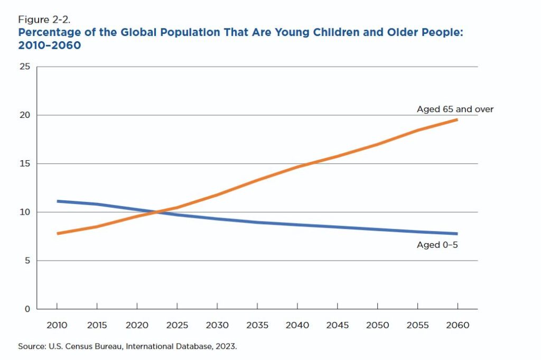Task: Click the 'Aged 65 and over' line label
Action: pos(455,109)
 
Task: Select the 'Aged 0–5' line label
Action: pos(437,245)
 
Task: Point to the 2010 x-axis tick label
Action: pos(57,325)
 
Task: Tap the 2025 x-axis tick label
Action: pos(177,325)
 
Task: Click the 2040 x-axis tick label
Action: pos(297,325)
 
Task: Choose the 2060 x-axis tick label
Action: pos(458,325)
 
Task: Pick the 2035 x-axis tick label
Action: pos(257,325)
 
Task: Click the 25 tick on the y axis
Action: pos(25,66)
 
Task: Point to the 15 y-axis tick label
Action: pos(25,163)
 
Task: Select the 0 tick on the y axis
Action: pos(27,309)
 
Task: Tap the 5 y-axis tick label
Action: pos(27,261)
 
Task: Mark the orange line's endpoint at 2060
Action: pos(457,120)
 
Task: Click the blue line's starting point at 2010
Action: pos(58,201)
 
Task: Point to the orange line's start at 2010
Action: pos(58,234)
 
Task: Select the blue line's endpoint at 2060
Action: pos(457,234)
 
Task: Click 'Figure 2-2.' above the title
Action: pos(44,20)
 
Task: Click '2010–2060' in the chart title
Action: pos(49,45)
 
